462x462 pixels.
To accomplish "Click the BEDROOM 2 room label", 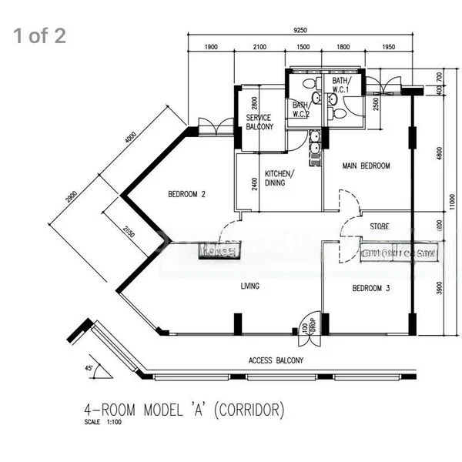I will (x=186, y=194).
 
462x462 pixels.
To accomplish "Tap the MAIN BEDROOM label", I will (x=366, y=166).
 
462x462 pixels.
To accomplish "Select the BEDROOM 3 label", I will (x=371, y=289).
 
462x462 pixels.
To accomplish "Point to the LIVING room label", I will (x=249, y=286).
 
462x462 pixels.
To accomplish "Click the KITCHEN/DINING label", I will (x=280, y=178).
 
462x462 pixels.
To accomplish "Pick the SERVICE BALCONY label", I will (x=259, y=122).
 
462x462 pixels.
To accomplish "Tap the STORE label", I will (x=379, y=226).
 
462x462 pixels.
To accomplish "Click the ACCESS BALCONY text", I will (x=276, y=360).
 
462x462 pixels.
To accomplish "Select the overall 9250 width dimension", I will (x=300, y=30).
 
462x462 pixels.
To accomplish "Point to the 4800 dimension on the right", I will (x=439, y=151).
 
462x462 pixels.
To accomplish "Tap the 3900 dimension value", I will (x=439, y=288).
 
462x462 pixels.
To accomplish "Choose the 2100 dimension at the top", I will (x=259, y=48).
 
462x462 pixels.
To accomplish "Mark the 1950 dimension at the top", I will (x=388, y=48).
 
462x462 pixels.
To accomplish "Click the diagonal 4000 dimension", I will (x=131, y=142).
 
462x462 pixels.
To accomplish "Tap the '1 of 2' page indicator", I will (x=38, y=36).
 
